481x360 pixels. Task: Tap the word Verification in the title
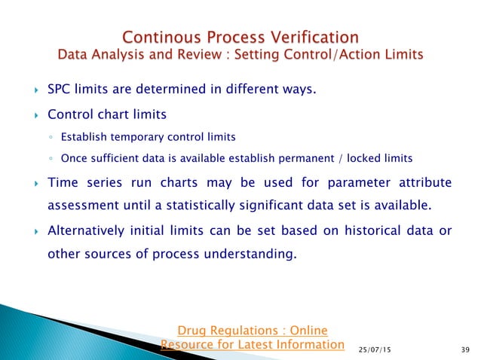[314, 37]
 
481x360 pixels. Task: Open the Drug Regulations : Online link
[252, 330]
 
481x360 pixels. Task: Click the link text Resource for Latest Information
[252, 344]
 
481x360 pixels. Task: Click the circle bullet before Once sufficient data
[49, 158]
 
